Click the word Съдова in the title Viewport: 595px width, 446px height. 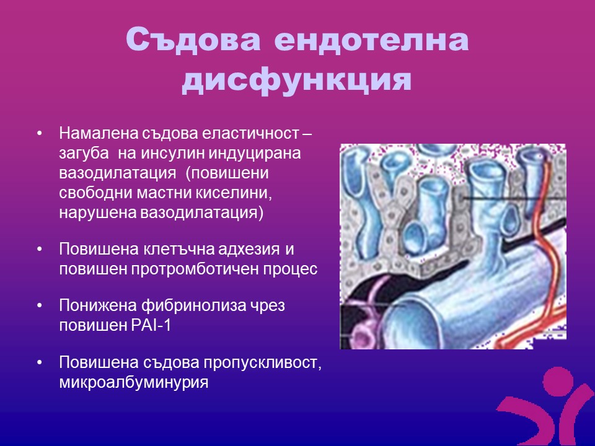[x=193, y=40]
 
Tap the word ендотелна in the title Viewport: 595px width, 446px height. [x=371, y=40]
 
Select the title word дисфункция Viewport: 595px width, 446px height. [x=297, y=81]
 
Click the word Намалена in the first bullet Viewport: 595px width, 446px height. [x=99, y=133]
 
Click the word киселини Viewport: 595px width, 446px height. [x=234, y=193]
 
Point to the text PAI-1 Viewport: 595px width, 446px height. [x=151, y=325]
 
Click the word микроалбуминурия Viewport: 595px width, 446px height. [x=134, y=382]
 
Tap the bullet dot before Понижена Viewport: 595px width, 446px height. [x=40, y=305]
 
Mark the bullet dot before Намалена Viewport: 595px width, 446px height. [x=40, y=134]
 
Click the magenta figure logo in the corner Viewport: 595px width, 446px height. [x=545, y=406]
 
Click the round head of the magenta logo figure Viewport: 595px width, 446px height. [x=558, y=381]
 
